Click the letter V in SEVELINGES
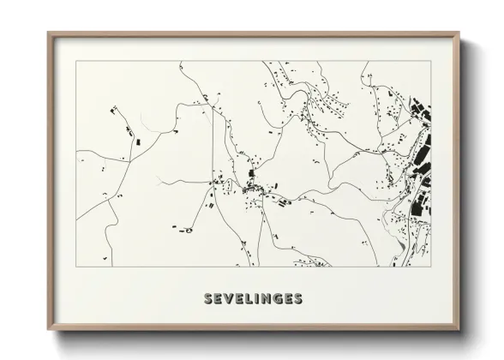[x=231, y=299]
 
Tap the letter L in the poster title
[x=253, y=299]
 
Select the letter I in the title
[x=261, y=299]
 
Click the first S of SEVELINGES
[x=210, y=299]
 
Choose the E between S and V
[x=220, y=299]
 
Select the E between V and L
[x=243, y=299]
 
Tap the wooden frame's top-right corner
[x=460, y=33]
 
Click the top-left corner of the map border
[x=76, y=61]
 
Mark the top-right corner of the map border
[x=431, y=61]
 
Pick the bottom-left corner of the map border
[x=76, y=267]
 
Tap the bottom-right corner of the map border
[x=431, y=267]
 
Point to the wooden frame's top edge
[x=255, y=34]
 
